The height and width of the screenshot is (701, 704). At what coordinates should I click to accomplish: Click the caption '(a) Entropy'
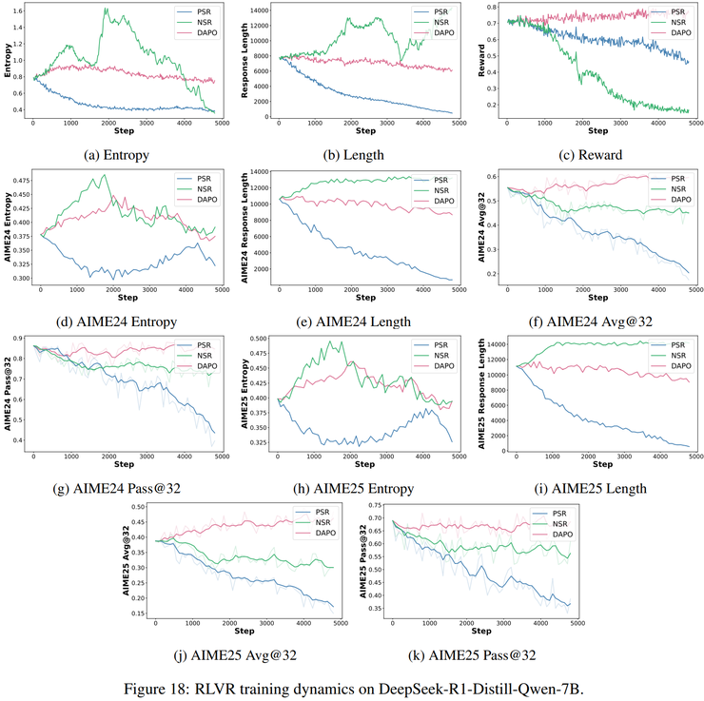point(117,155)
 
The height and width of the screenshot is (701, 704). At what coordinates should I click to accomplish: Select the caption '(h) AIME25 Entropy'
point(355,489)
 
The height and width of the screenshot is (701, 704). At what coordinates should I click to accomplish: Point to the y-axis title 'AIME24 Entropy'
point(8,229)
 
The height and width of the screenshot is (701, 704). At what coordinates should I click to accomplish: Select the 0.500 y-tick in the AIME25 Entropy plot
point(257,338)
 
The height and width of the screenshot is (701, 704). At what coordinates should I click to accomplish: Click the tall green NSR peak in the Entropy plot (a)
point(106,10)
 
